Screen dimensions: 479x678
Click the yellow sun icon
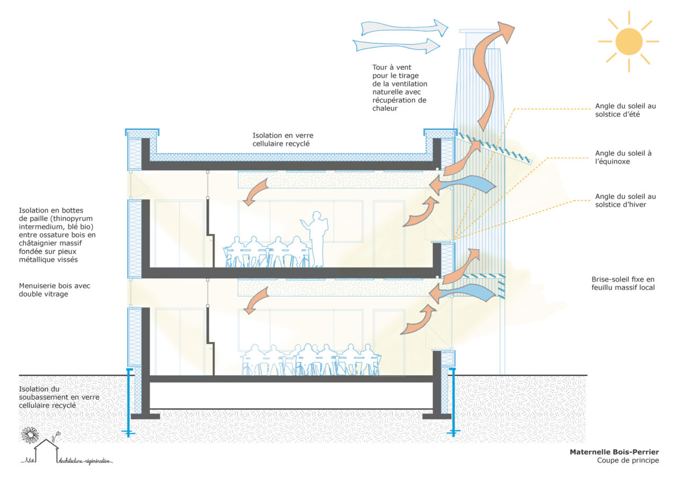click(629, 41)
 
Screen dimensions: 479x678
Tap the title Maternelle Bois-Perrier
click(614, 452)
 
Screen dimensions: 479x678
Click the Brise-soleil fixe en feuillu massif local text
click(623, 283)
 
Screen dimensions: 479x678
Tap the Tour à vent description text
click(399, 88)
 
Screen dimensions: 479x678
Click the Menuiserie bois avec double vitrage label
click(55, 290)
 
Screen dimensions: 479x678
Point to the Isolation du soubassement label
click(59, 397)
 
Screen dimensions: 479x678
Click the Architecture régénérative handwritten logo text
click(85, 460)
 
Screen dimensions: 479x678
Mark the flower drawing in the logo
click(30, 435)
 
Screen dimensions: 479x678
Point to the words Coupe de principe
click(628, 460)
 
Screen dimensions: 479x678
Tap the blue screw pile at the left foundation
click(128, 402)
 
